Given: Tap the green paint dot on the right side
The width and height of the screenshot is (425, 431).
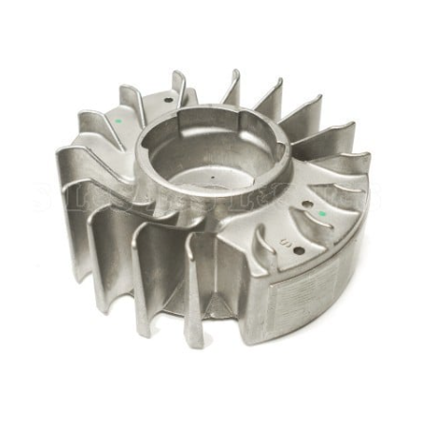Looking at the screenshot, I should (x=322, y=213).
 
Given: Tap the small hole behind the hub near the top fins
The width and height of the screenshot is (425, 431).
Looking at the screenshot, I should (x=169, y=99).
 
